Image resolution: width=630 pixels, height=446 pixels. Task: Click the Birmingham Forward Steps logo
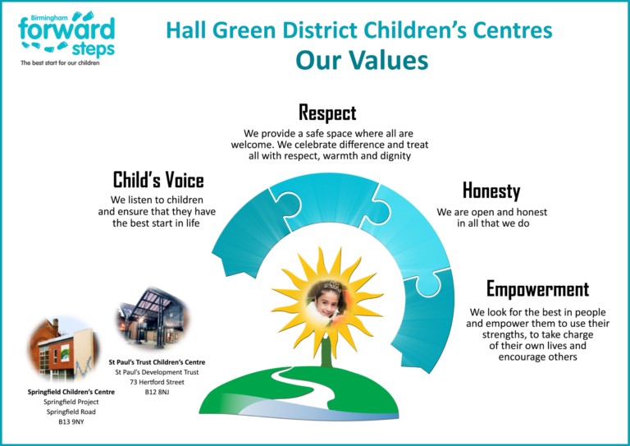66,39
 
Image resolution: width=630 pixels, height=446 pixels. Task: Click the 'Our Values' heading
362,60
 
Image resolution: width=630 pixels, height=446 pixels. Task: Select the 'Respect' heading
327,113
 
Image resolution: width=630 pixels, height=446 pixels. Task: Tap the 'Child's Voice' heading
158,180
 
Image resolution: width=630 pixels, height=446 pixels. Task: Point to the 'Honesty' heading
491,191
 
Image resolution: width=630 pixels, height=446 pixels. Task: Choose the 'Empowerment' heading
537,289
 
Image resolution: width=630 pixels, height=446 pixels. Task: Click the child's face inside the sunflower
326,301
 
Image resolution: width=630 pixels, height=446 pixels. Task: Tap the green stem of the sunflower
326,350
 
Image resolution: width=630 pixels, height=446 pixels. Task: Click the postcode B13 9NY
71,422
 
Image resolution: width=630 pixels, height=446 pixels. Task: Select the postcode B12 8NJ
157,392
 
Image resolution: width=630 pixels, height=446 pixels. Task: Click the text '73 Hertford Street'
157,382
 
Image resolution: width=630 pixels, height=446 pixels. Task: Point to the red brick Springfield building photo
63,348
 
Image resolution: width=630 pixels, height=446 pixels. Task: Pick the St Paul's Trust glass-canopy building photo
153,318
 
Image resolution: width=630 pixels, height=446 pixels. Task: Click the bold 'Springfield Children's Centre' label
71,392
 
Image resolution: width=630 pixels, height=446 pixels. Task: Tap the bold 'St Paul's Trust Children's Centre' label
157,362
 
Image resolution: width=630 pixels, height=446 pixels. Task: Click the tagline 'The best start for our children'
60,63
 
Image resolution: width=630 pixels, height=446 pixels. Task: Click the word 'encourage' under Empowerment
518,357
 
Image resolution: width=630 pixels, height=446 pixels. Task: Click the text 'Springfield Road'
71,412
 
